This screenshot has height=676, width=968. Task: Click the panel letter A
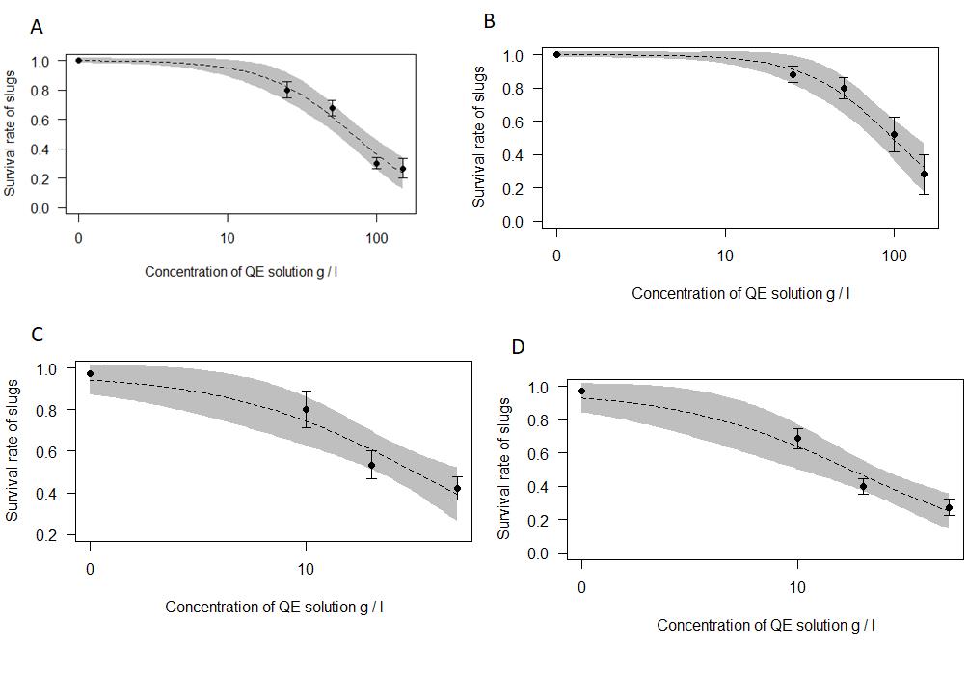pos(37,27)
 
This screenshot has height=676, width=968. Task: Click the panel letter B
pos(489,20)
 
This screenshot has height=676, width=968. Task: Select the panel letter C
pos(37,335)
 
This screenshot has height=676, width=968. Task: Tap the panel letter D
pos(519,347)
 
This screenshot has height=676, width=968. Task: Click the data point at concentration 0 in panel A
pos(79,60)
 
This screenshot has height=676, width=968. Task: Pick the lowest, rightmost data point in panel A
pos(403,169)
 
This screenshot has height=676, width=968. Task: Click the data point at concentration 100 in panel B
pos(894,135)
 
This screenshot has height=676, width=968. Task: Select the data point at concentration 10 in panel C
pos(306,409)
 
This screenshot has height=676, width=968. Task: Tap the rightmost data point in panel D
pos(949,508)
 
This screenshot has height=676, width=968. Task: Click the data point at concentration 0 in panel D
pos(581,392)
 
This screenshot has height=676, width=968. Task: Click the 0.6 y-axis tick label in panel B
pos(514,122)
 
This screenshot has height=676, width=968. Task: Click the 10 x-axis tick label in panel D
pos(796,588)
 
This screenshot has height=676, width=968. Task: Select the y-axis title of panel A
pos(11,134)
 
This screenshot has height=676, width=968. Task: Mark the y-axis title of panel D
pos(504,467)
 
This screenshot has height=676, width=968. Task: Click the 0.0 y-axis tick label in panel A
pos(40,208)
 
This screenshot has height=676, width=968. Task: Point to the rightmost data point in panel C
pos(457,488)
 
